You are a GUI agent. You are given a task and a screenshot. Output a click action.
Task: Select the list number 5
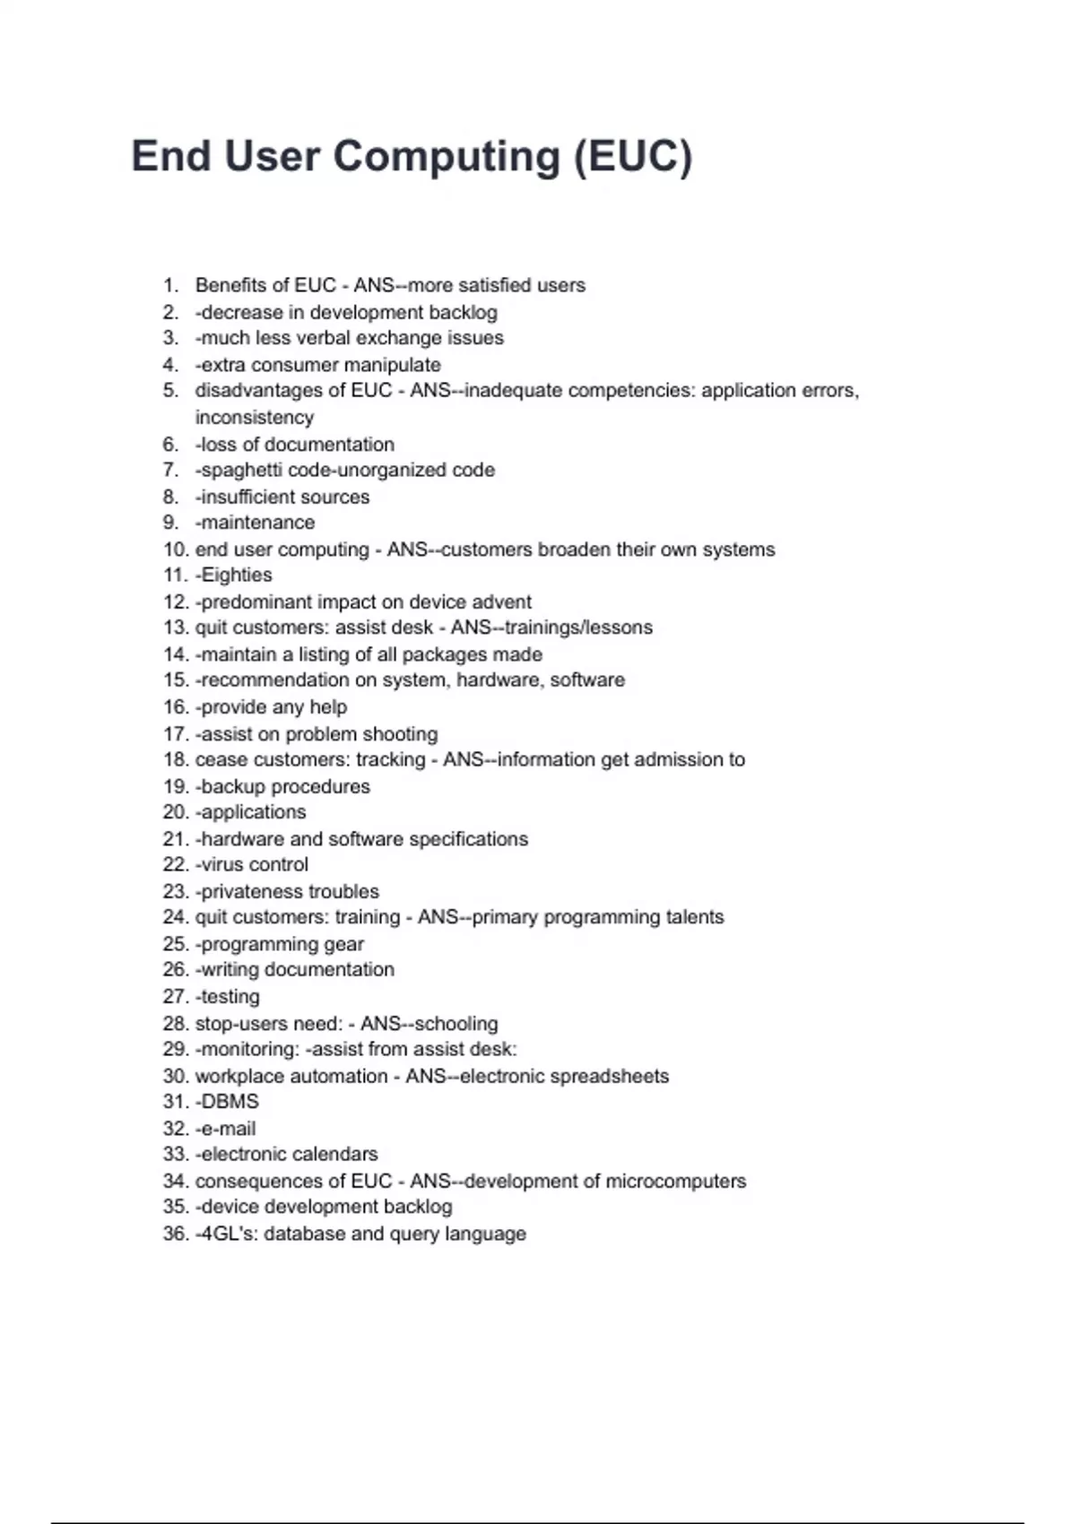click(170, 391)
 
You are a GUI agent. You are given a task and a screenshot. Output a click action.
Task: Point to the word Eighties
click(237, 576)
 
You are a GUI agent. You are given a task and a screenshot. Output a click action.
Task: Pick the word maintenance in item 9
click(258, 523)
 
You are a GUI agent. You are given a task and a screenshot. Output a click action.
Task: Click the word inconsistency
click(255, 418)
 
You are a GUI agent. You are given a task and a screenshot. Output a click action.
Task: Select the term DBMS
click(230, 1102)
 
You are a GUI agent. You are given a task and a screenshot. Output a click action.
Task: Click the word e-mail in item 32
click(229, 1129)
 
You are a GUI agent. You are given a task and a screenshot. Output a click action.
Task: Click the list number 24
click(175, 917)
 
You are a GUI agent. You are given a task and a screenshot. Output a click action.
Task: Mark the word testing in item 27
click(230, 997)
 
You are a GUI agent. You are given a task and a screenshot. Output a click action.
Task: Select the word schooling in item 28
click(456, 1024)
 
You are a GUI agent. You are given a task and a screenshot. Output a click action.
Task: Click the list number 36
click(175, 1234)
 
